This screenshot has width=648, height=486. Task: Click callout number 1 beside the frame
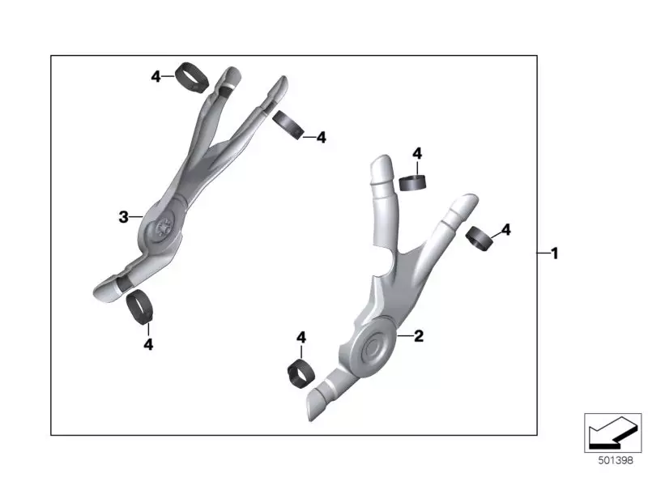click(555, 254)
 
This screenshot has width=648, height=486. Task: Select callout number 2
click(419, 335)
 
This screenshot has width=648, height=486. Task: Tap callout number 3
click(124, 216)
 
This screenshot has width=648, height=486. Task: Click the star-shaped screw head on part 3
click(164, 228)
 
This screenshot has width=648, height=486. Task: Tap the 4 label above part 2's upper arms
click(417, 153)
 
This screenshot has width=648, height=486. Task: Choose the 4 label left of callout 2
click(301, 337)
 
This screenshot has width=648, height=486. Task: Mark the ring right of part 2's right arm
click(479, 238)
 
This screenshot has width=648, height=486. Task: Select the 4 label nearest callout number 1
click(505, 230)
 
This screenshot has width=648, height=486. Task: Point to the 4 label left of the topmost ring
click(156, 76)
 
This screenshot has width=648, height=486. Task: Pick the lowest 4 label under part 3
click(148, 344)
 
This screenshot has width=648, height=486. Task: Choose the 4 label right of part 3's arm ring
click(321, 138)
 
